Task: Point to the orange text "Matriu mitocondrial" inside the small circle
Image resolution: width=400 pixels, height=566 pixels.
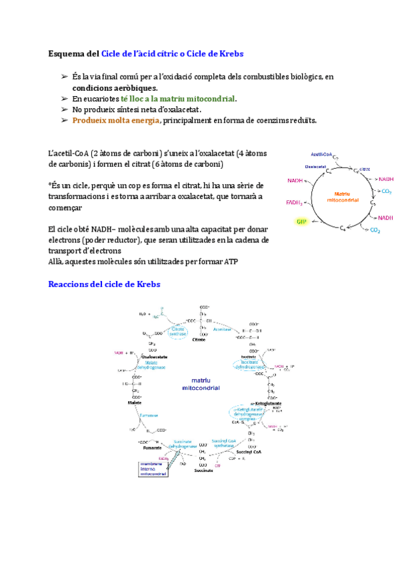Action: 339,197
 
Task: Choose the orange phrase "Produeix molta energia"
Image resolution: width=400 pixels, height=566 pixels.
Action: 115,120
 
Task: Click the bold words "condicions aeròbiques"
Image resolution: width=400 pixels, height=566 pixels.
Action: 115,87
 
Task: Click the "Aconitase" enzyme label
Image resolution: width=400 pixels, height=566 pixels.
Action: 222,329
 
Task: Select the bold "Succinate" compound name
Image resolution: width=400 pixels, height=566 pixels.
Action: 203,471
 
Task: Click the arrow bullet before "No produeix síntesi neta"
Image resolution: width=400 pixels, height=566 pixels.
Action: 64,109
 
